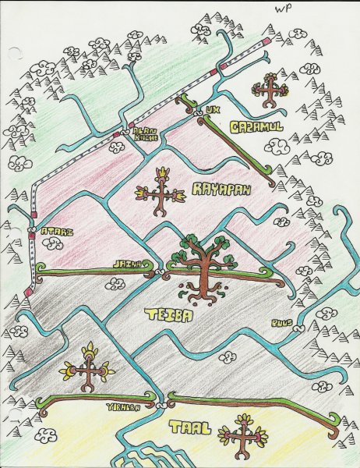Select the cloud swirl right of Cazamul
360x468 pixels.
click(277, 145)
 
